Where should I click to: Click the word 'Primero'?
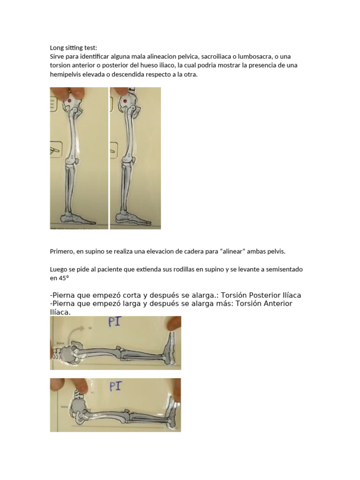[61, 251]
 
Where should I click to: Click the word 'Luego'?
[59, 270]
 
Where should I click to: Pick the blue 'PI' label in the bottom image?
[115, 386]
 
